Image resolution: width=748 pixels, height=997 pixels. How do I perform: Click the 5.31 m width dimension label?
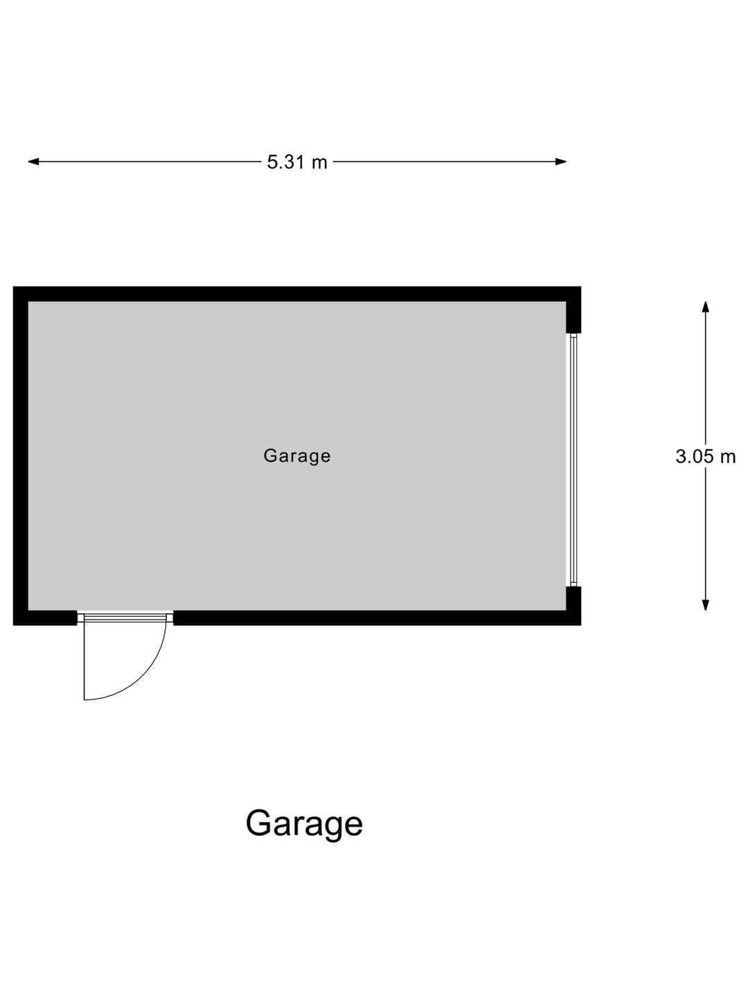click(x=296, y=162)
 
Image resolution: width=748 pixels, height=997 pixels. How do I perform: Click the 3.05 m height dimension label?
click(x=705, y=456)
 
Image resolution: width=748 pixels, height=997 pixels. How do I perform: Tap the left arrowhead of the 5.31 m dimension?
click(x=33, y=161)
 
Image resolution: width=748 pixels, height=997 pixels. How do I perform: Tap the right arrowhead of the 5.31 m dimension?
click(x=561, y=161)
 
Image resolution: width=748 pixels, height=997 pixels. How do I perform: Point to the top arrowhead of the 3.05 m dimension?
click(x=705, y=307)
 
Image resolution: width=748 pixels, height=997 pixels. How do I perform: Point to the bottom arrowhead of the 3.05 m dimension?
click(x=705, y=605)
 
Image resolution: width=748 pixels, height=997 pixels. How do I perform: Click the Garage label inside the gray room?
click(x=297, y=456)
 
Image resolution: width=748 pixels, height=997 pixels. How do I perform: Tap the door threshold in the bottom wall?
click(x=125, y=618)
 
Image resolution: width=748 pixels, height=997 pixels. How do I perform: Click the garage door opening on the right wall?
click(x=573, y=460)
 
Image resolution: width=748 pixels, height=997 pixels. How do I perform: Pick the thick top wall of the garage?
click(x=297, y=294)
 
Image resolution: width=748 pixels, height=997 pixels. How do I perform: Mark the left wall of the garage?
click(x=21, y=456)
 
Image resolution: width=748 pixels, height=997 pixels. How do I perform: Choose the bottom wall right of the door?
click(x=377, y=618)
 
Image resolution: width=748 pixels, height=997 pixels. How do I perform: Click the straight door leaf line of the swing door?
click(x=84, y=662)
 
